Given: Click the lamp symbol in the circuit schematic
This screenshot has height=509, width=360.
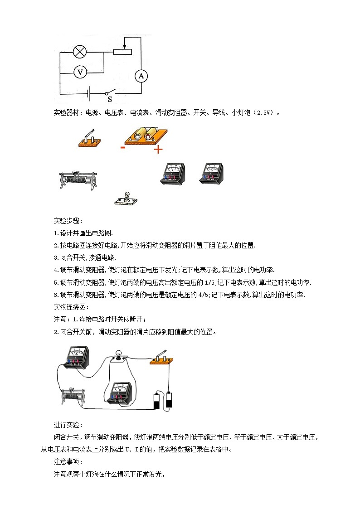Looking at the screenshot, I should click(x=80, y=52).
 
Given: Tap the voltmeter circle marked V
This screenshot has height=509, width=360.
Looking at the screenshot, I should click(x=80, y=72).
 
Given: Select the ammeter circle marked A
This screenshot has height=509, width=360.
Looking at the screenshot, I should click(x=141, y=76).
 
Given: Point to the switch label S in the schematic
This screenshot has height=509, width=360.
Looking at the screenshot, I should click(x=109, y=99).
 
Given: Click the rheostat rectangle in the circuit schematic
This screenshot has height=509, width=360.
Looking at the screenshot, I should click(x=123, y=51).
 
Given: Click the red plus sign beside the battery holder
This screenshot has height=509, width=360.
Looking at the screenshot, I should click(x=158, y=149).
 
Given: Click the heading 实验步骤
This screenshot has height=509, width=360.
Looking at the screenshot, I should click(x=67, y=221).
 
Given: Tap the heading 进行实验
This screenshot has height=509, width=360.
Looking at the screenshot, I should click(x=67, y=425).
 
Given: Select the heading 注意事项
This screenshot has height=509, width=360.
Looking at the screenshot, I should click(x=67, y=462).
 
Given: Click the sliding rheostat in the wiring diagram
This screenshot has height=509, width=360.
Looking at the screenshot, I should click(x=73, y=394).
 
